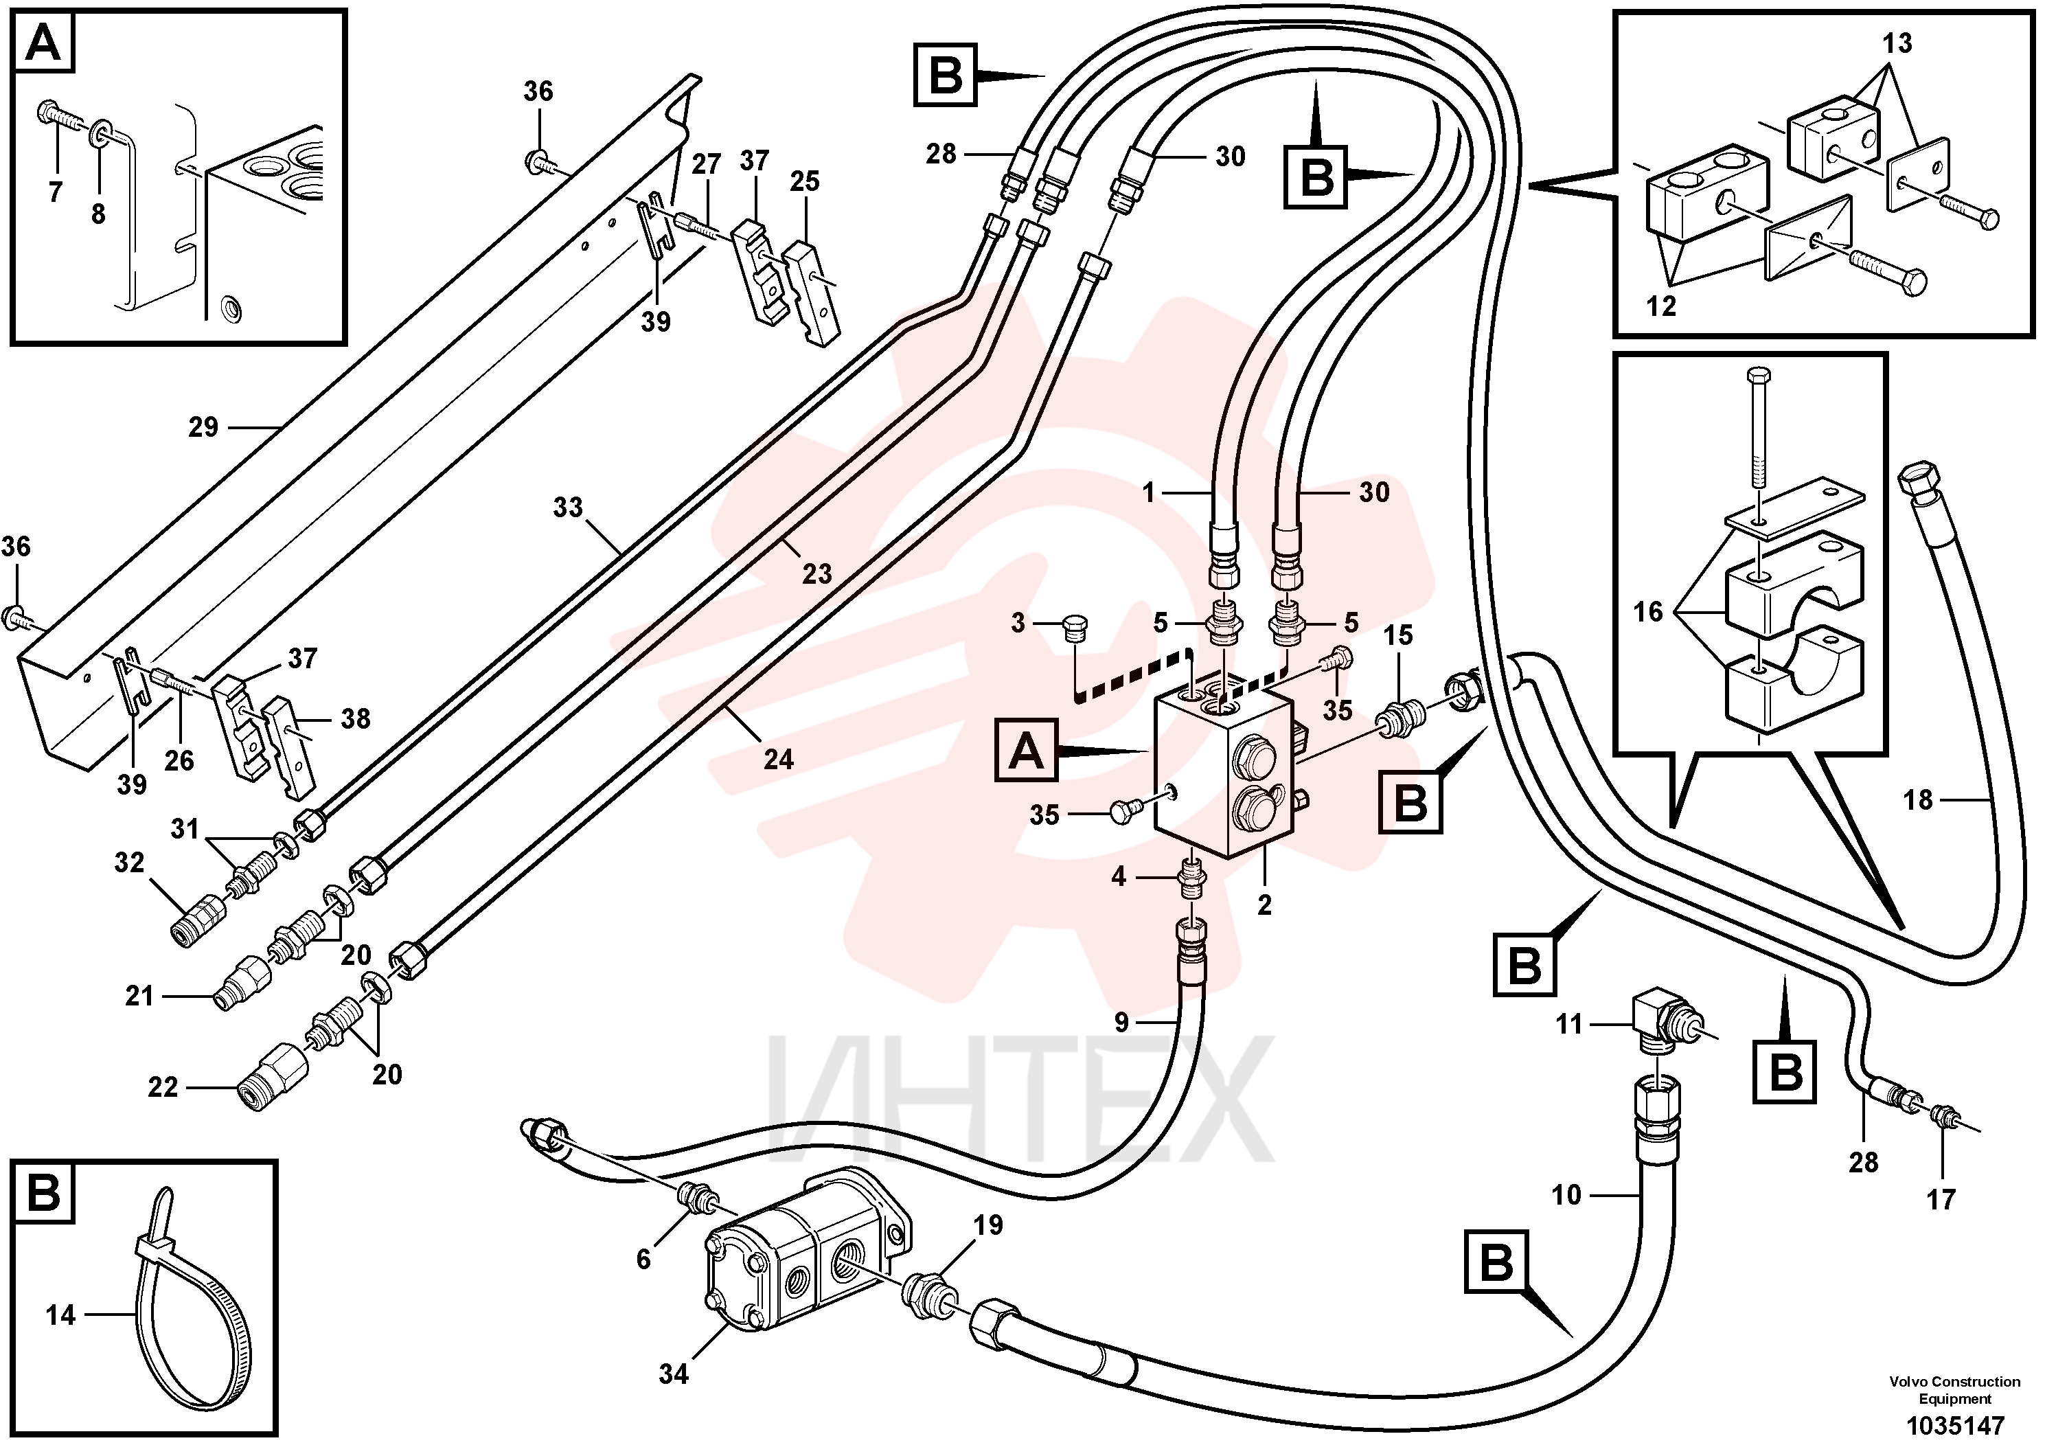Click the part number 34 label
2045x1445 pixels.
point(674,1374)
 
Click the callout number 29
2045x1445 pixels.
point(203,428)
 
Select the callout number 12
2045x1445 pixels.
point(1661,306)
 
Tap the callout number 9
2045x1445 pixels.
point(1121,1022)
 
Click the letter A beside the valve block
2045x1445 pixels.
point(1026,753)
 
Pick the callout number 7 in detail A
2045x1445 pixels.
point(55,191)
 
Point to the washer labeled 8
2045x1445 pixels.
point(100,137)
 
